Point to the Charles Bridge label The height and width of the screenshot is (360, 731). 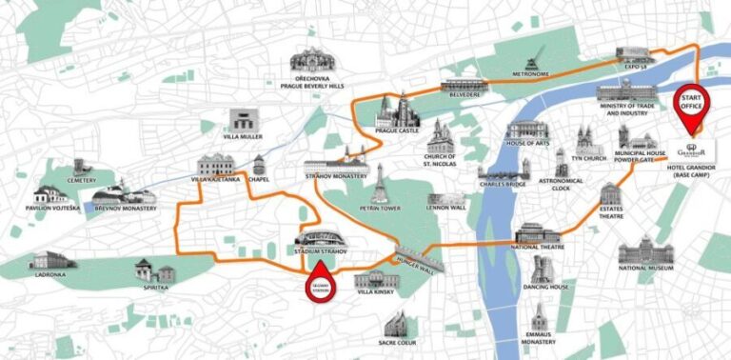(504, 187)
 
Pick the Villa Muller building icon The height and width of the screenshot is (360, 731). (244, 122)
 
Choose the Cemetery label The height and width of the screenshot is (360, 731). (82, 179)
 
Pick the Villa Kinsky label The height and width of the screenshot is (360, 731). (374, 295)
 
